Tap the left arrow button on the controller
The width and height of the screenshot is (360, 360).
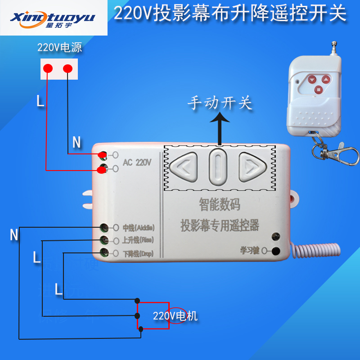(184, 166)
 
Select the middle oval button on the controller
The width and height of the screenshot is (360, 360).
(218, 166)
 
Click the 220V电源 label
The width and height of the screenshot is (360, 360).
(59, 48)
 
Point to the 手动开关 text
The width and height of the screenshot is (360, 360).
(220, 103)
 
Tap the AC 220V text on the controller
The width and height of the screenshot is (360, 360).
(137, 162)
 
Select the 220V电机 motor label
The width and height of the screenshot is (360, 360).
(175, 316)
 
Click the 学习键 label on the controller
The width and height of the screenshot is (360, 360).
(250, 251)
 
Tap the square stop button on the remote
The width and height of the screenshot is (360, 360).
(319, 89)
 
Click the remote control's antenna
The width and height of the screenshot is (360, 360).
(333, 50)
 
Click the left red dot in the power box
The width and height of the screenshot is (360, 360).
(47, 68)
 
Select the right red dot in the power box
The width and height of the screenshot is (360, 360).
(67, 68)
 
